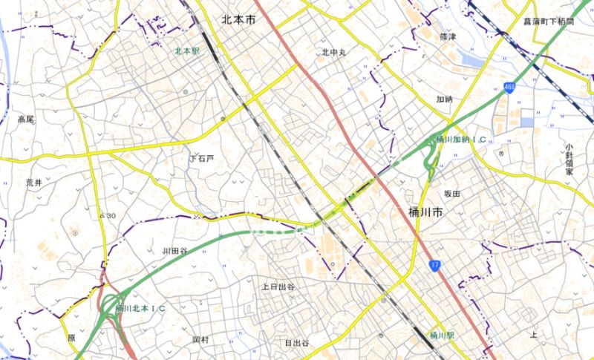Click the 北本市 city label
(238, 20)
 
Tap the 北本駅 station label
(187, 51)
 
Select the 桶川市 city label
(426, 212)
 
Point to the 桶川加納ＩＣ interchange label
(460, 140)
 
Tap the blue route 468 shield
(509, 88)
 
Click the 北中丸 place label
(335, 52)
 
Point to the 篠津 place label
(447, 36)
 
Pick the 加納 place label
(444, 99)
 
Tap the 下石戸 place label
(201, 158)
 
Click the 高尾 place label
(26, 119)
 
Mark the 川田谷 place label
(175, 251)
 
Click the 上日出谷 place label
(278, 286)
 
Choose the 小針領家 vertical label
(569, 159)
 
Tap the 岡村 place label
(200, 338)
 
